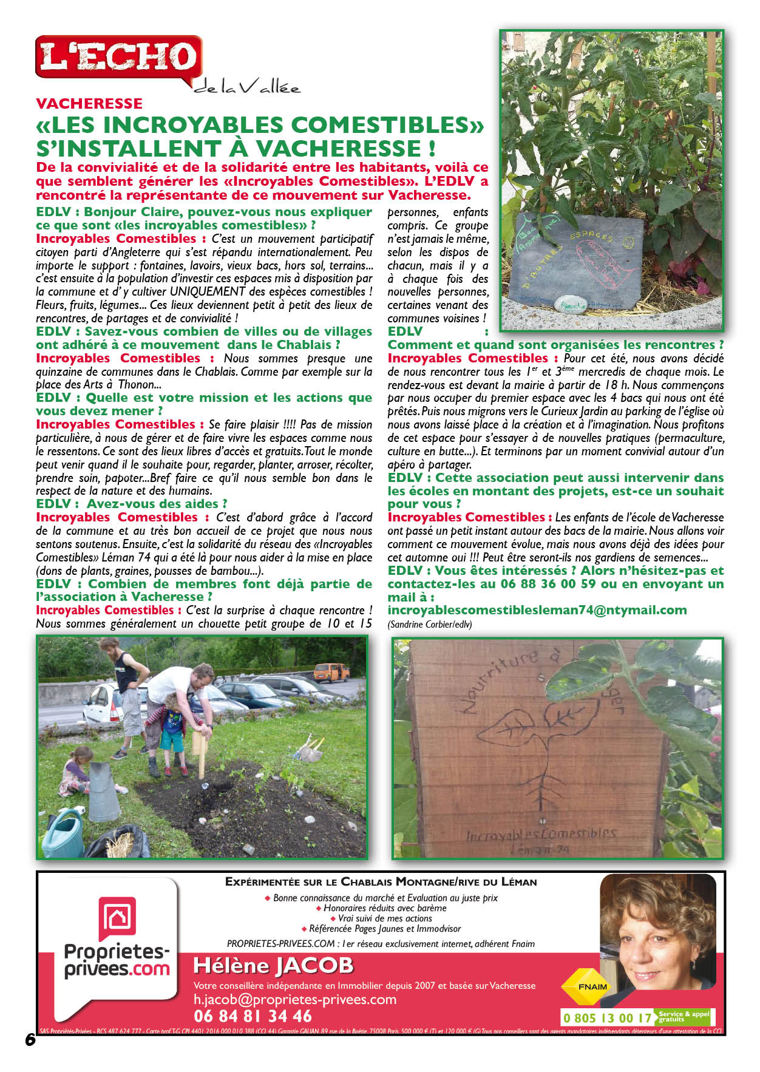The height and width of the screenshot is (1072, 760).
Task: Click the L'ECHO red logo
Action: click(119, 57)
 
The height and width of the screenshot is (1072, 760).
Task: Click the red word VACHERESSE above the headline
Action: click(89, 103)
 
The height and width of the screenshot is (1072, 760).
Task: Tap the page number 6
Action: click(30, 1039)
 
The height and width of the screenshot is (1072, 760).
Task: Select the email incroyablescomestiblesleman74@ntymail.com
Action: click(537, 611)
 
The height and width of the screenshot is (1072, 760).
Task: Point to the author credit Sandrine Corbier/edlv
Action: click(429, 624)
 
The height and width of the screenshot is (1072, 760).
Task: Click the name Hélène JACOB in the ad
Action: click(273, 965)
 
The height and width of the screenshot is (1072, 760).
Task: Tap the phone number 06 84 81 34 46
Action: click(253, 1016)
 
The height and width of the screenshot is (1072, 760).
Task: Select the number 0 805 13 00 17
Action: click(607, 1018)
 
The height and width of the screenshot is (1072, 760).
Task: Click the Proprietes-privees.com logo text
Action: click(117, 960)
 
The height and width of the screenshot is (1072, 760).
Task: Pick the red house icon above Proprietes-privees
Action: click(117, 917)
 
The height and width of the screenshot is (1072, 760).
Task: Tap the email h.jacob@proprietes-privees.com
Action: click(294, 999)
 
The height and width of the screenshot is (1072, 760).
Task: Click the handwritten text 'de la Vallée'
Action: click(247, 87)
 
